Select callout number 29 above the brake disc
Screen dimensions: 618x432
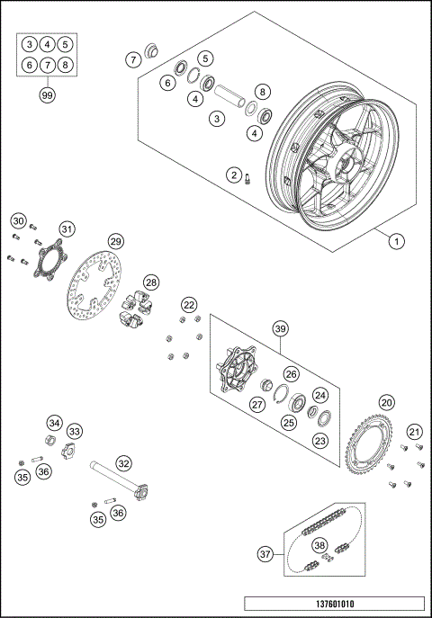(x=115, y=241)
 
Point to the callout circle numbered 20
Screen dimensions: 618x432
(x=386, y=402)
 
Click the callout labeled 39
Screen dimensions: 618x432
(x=280, y=329)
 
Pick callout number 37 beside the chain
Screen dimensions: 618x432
(x=264, y=555)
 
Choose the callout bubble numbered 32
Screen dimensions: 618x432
(x=123, y=464)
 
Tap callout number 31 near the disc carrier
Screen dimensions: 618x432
(x=67, y=228)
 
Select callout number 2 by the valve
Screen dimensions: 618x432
(x=233, y=175)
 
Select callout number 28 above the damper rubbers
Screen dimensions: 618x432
(x=151, y=282)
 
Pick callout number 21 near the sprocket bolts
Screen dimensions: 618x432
(x=414, y=433)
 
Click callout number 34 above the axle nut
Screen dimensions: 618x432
(x=55, y=423)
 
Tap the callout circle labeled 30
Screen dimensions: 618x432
(x=18, y=221)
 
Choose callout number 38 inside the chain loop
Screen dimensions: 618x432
(x=319, y=545)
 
